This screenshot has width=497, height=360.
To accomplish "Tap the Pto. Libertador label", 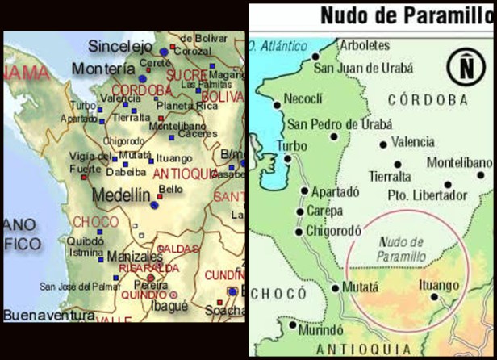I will click(428, 195).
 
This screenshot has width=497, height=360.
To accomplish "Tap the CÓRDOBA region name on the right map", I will click(427, 99).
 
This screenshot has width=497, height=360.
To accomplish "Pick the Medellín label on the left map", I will click(121, 195).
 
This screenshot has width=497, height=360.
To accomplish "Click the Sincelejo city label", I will click(121, 46).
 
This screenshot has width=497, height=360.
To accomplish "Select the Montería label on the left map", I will click(103, 69).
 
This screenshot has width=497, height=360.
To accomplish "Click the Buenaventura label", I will click(48, 315).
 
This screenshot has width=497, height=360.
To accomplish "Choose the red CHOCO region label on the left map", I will click(95, 221).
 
